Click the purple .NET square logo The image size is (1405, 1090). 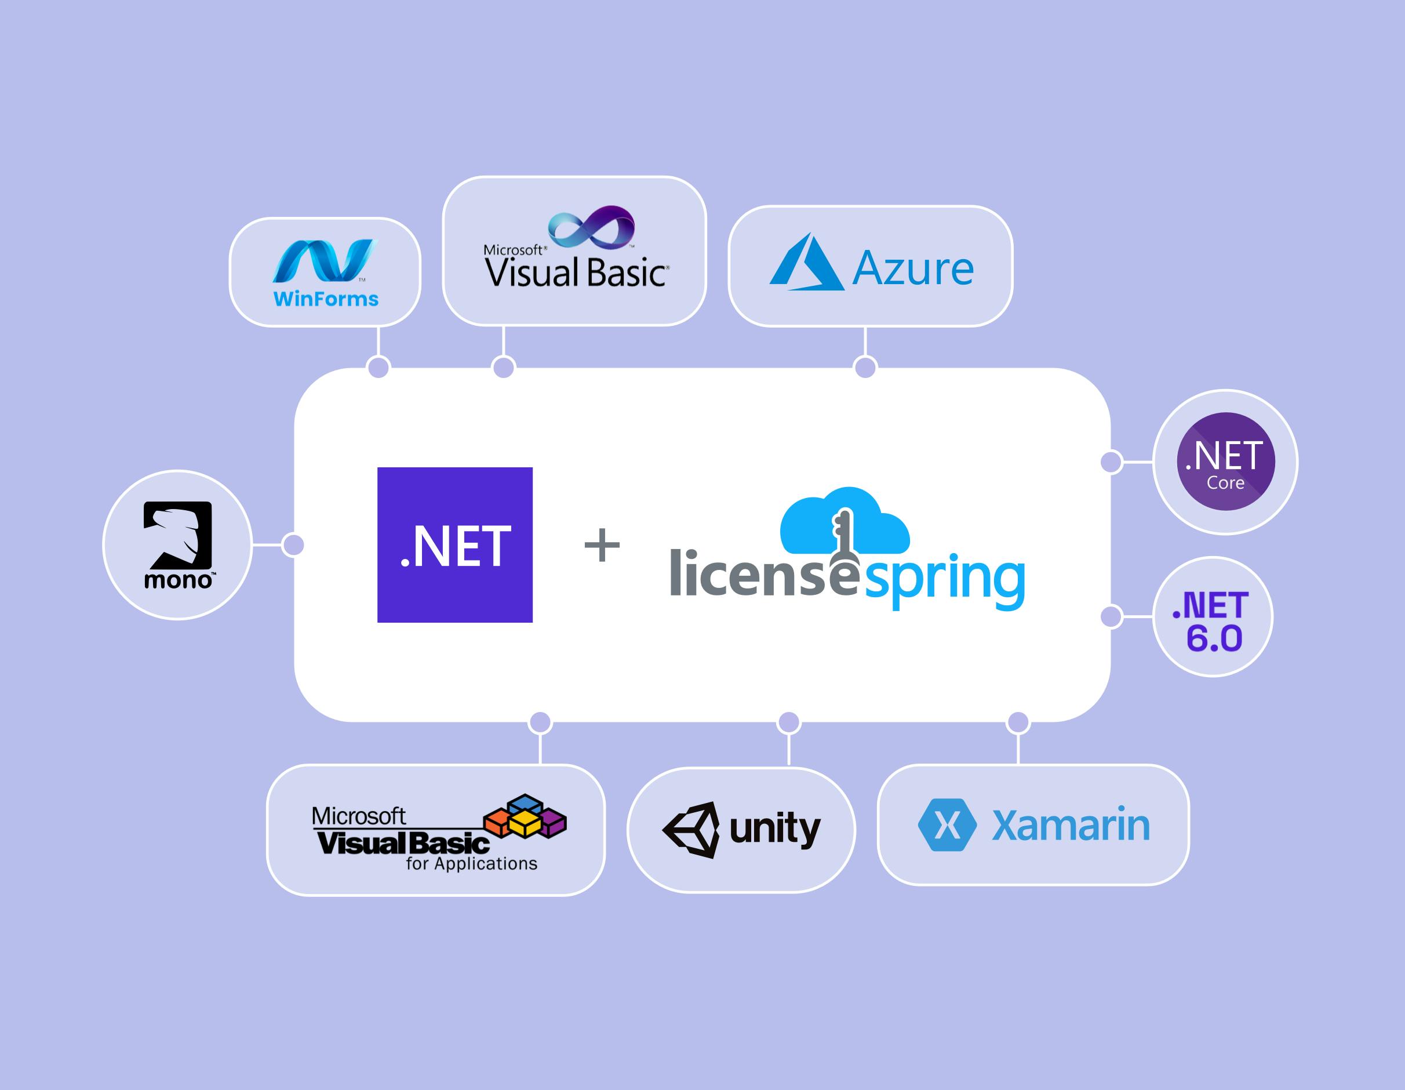(455, 544)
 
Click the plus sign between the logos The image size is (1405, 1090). (602, 545)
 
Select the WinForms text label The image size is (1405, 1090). (326, 299)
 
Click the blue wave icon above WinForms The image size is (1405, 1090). (323, 261)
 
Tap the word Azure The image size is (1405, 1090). (913, 268)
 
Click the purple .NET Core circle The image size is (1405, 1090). (1225, 462)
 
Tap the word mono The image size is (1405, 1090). (178, 580)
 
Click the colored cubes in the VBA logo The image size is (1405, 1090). (525, 816)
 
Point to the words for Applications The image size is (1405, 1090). (471, 863)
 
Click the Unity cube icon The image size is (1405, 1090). (691, 830)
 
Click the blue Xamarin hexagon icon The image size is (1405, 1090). (947, 825)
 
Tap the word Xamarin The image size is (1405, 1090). (1071, 825)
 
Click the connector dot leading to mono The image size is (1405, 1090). (293, 545)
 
